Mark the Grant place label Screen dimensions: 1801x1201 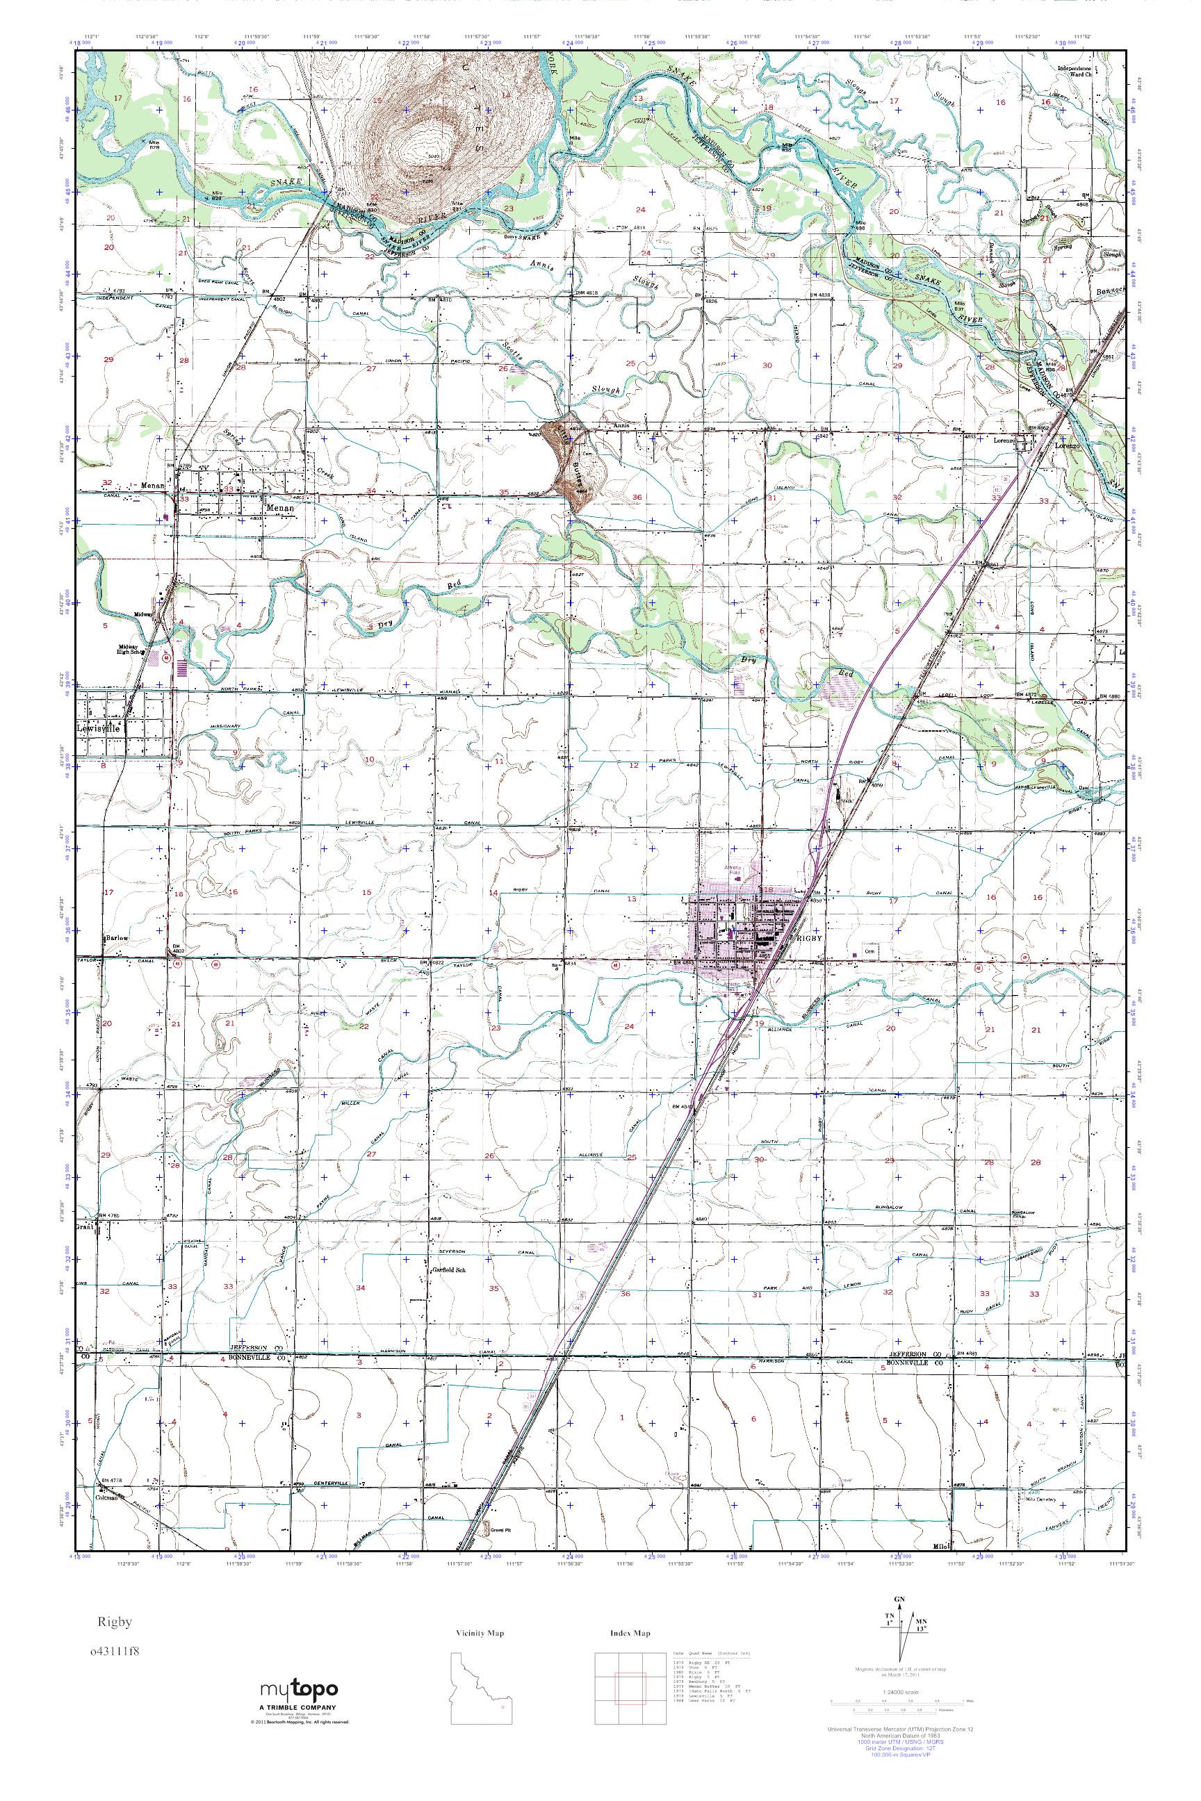(84, 1226)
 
